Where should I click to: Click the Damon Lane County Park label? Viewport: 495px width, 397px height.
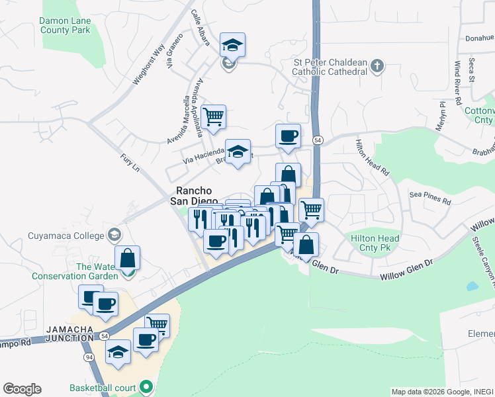64,25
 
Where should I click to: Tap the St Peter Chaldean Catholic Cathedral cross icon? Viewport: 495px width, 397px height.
377,66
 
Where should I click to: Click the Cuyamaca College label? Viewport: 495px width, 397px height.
66,236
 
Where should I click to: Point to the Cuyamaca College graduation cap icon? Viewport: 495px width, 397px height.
114,235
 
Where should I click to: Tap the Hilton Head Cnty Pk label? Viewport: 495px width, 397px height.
375,243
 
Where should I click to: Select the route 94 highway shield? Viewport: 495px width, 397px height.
89,357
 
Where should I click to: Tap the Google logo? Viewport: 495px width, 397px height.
22,388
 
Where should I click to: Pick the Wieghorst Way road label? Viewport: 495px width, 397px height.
149,64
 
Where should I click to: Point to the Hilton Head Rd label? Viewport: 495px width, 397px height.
373,156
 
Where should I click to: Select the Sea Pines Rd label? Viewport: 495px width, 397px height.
429,197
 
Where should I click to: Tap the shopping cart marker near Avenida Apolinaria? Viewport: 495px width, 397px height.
214,116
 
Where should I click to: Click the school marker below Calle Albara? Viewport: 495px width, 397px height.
232,45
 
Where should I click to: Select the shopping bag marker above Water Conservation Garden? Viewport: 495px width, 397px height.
127,257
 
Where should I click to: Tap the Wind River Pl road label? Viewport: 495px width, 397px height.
458,83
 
